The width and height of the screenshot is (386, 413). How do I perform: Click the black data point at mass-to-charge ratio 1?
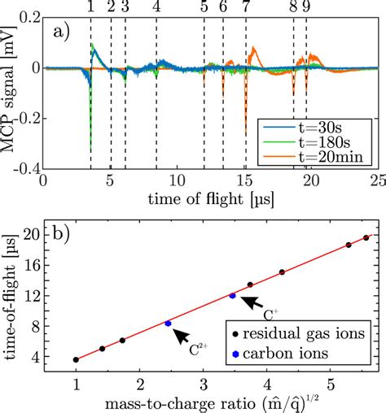coord(76,359)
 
